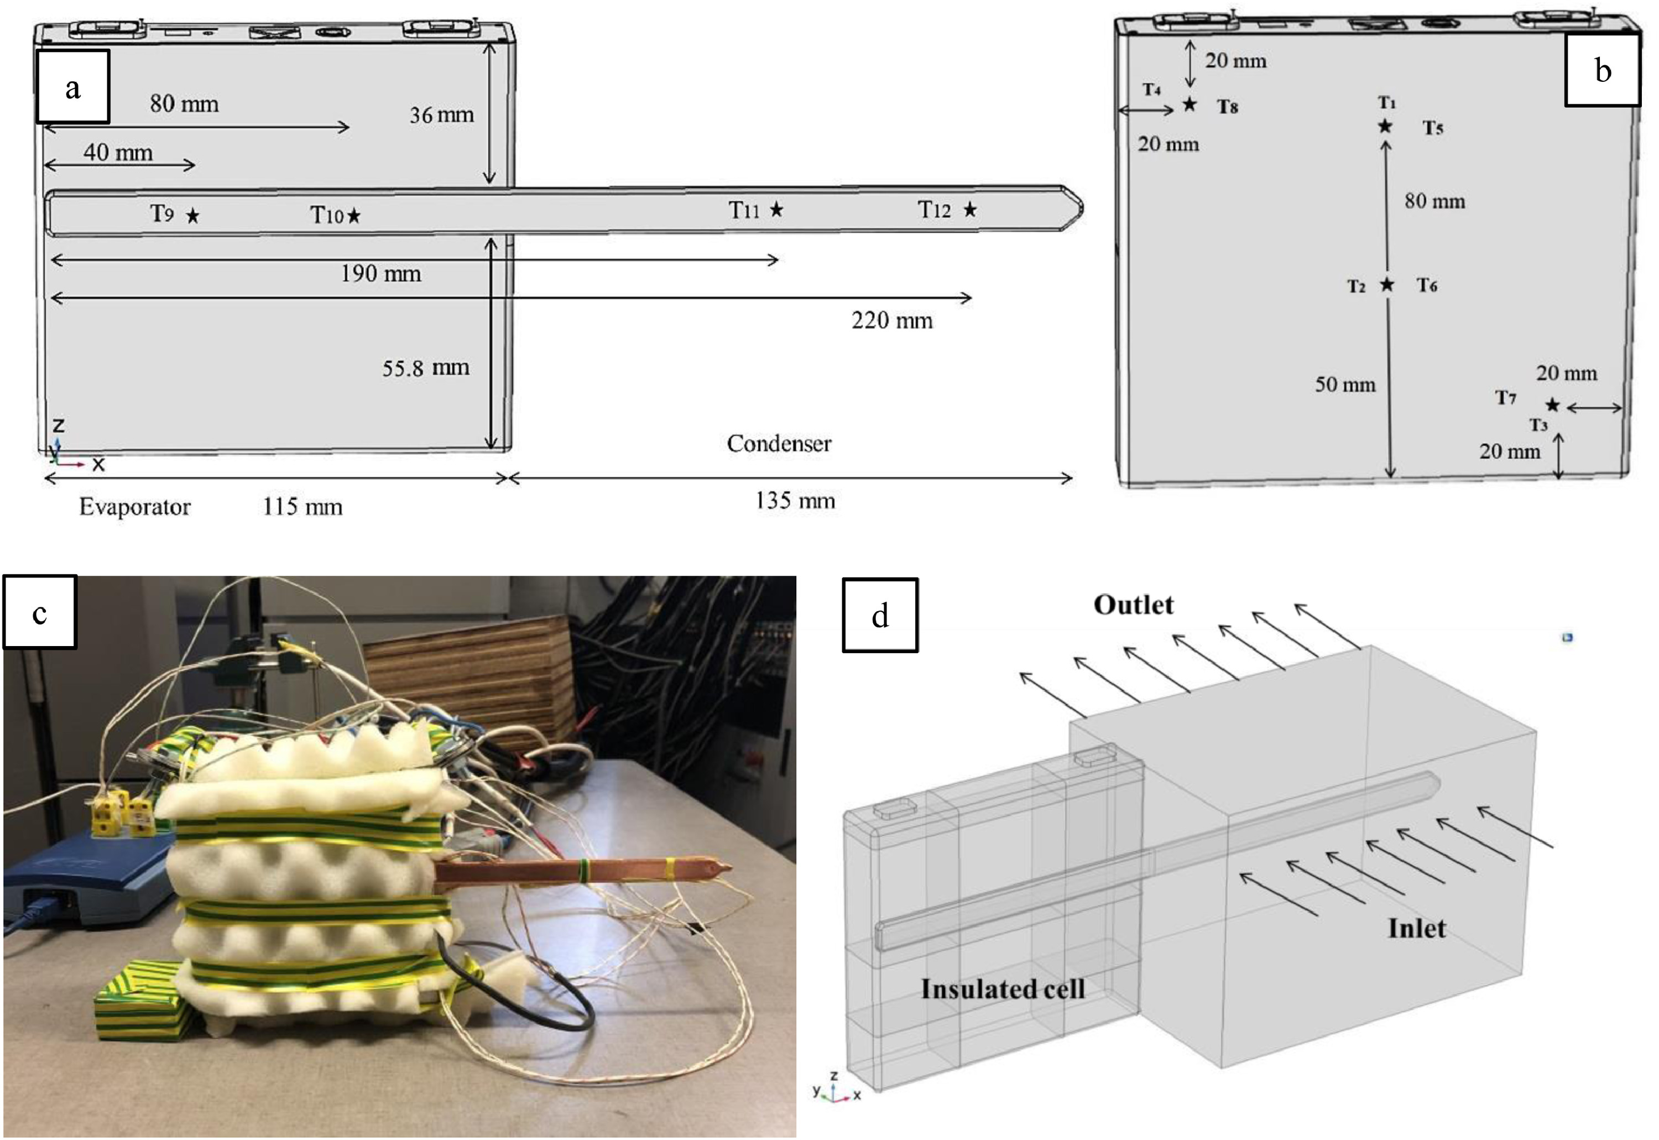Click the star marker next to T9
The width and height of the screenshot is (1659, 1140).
click(x=193, y=216)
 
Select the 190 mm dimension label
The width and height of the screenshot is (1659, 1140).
click(x=380, y=274)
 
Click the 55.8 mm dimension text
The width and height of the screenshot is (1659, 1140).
click(x=426, y=368)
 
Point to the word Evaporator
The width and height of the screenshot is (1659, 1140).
click(x=134, y=507)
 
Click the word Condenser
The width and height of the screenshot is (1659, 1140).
click(x=779, y=444)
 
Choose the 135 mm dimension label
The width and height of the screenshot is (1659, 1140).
click(x=795, y=501)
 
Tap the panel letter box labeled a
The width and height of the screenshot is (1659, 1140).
click(x=73, y=86)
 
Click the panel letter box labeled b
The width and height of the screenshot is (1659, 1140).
click(x=1603, y=70)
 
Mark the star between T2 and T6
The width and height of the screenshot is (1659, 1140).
click(x=1387, y=284)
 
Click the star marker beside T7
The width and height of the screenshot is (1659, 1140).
click(x=1553, y=405)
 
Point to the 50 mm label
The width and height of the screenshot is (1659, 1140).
click(x=1345, y=385)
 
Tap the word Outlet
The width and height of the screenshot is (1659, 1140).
click(x=1134, y=605)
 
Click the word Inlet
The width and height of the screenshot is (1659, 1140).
click(x=1416, y=929)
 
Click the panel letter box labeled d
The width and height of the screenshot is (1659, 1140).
click(x=880, y=615)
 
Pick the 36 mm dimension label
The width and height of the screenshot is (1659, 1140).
click(x=441, y=115)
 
